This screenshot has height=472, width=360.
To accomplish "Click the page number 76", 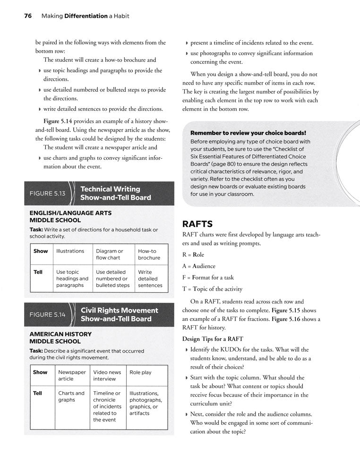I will tap(27, 16).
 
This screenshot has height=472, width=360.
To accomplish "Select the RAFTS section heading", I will tap(200, 223).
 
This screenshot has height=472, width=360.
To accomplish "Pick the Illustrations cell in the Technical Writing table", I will tap(70, 251).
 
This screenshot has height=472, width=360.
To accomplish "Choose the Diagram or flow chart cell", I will tap(109, 254).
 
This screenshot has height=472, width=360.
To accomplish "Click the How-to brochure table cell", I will tap(149, 254).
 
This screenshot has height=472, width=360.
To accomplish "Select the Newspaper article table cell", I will tap(72, 375).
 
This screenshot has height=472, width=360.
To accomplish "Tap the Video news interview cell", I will tap(108, 375).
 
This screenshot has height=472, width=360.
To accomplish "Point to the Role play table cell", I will tap(140, 372).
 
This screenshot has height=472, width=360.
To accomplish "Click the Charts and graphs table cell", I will tap(71, 396).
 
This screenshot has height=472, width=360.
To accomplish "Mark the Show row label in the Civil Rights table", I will tap(40, 372).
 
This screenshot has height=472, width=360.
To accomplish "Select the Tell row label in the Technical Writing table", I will tap(38, 272).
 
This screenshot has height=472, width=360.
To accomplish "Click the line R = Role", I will tap(193, 254).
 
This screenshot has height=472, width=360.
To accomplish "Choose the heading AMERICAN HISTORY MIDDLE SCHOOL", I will tap(60, 337).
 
